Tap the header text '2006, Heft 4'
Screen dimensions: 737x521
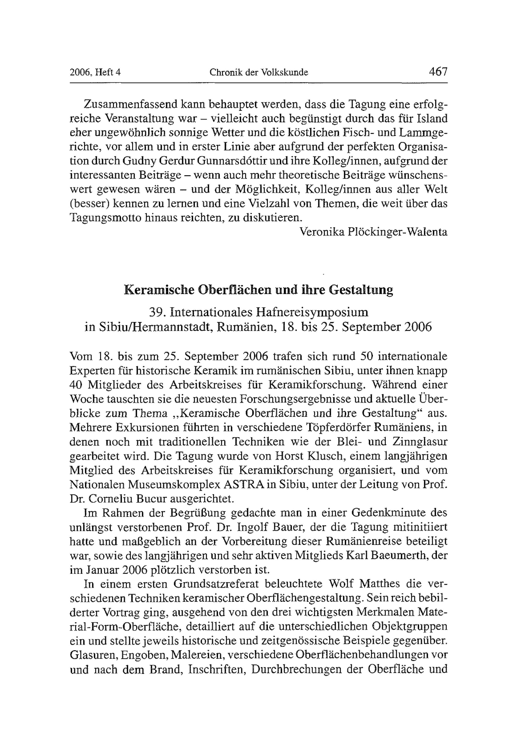click(x=95, y=73)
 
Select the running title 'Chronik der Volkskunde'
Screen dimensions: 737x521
click(x=259, y=73)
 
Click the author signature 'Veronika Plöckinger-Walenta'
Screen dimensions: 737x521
click(x=373, y=232)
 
